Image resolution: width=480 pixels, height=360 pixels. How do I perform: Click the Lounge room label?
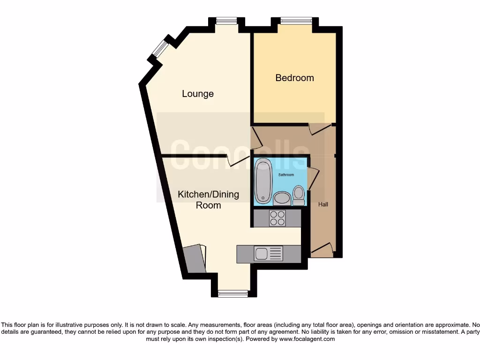point(198,94)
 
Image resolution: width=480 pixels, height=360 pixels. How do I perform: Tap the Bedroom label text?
point(294,78)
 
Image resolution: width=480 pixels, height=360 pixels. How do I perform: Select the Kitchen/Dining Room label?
point(208,200)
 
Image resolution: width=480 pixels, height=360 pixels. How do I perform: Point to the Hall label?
point(323,204)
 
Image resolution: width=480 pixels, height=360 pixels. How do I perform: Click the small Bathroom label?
point(286,175)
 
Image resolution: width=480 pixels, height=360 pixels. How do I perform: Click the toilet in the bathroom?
point(298,195)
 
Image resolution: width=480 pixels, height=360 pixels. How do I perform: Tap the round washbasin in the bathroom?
point(282,198)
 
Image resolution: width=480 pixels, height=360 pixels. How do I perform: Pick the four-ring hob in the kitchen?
point(277,218)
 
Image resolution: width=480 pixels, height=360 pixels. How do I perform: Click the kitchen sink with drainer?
point(269,254)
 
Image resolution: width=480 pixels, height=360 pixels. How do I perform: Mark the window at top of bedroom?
point(296,20)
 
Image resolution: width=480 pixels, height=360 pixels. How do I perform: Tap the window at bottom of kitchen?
point(233,294)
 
